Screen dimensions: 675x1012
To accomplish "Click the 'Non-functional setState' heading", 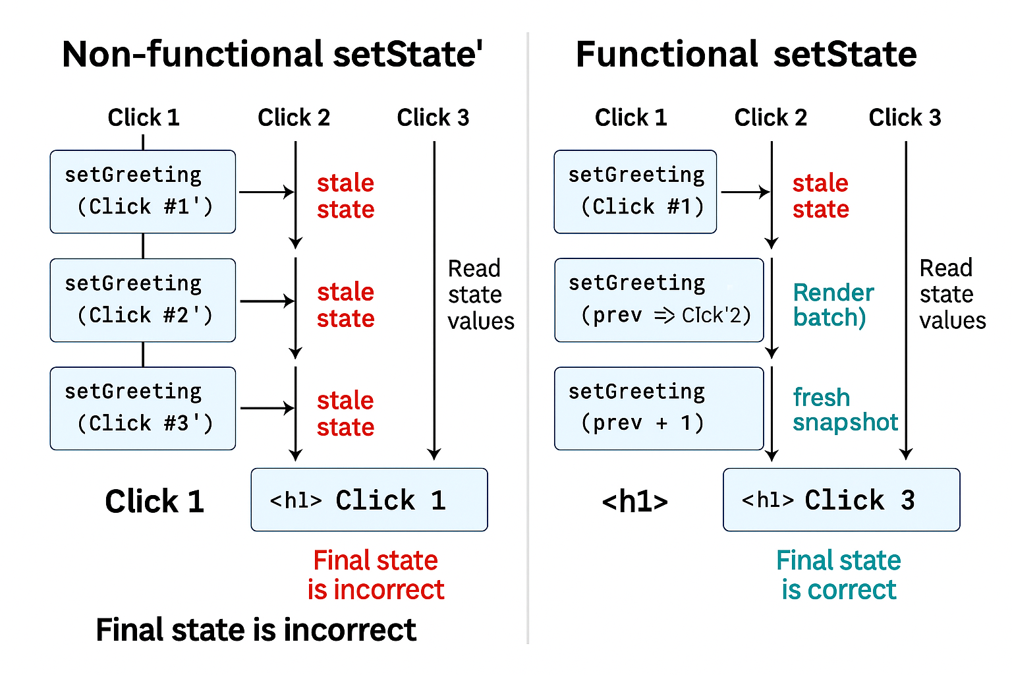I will click(271, 54).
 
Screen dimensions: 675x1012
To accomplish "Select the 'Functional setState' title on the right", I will click(746, 54).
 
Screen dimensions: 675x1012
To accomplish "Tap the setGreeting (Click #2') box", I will click(143, 300).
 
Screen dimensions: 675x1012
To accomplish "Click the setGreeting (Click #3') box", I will click(143, 409).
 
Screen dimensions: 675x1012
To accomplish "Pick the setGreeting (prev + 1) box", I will click(659, 409).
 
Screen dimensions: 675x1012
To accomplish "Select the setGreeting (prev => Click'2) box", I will click(659, 300).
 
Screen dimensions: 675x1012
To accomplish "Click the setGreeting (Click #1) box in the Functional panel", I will click(635, 192).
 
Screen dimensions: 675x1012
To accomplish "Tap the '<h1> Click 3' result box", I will click(841, 500).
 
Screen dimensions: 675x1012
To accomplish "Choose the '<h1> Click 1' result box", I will click(369, 500).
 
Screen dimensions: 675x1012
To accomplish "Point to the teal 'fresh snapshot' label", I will click(845, 409).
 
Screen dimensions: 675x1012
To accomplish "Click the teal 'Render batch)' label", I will click(833, 305).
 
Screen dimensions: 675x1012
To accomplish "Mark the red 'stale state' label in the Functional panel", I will click(820, 196).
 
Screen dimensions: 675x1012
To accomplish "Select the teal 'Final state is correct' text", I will click(838, 575).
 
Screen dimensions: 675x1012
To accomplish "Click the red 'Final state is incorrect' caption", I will click(376, 575).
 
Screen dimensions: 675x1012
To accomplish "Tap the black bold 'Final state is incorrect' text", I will click(256, 630).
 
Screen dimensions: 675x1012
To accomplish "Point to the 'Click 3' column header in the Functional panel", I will click(905, 117).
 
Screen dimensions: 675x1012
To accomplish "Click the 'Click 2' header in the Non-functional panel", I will click(294, 117).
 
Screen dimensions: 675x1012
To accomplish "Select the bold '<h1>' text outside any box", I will click(635, 502).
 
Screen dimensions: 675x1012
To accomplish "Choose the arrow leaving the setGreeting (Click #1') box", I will click(266, 192).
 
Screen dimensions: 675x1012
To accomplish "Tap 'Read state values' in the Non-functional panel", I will click(480, 295).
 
